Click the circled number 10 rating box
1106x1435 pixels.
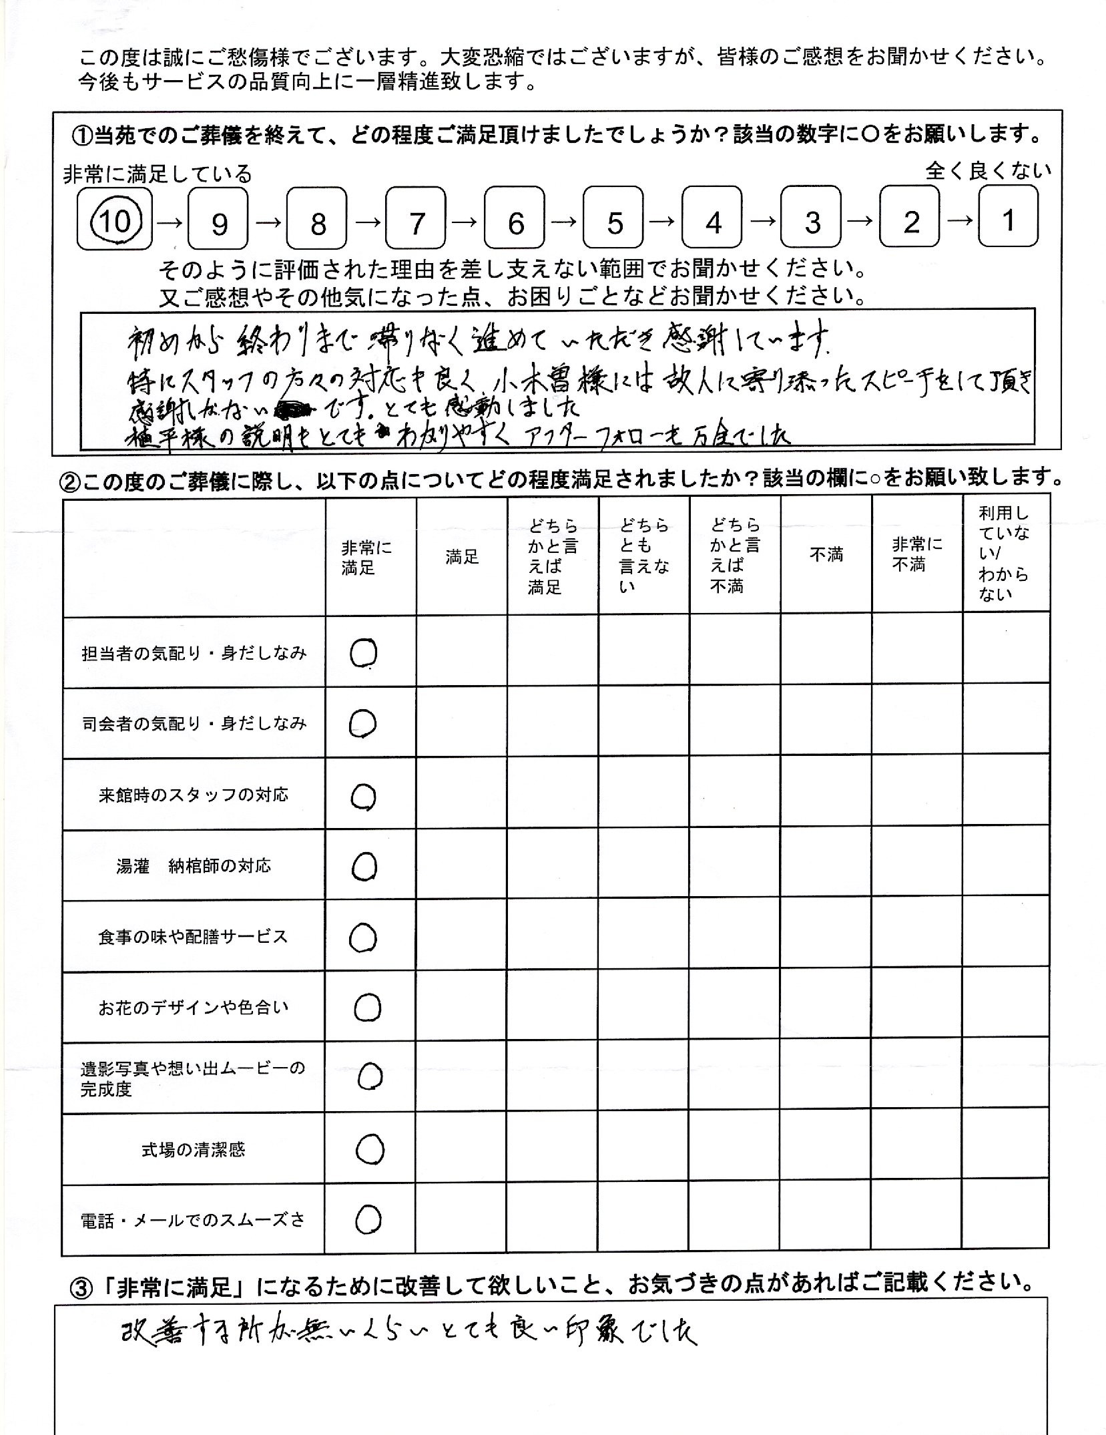click(115, 220)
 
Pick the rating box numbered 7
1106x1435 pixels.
click(416, 220)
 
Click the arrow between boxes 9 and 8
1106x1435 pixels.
click(268, 221)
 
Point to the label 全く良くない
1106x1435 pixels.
click(987, 171)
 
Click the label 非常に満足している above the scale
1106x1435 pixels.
click(158, 174)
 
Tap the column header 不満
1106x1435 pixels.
click(826, 554)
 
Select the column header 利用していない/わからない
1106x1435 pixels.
click(1003, 554)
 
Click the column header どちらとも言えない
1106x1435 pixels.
click(643, 556)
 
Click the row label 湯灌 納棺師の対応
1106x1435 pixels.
click(194, 867)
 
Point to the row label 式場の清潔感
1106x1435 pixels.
click(194, 1150)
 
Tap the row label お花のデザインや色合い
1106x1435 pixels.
click(194, 1008)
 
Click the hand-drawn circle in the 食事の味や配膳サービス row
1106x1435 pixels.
click(363, 938)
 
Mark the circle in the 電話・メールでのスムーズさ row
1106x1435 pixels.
click(368, 1219)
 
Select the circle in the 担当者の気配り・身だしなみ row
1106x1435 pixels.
click(363, 653)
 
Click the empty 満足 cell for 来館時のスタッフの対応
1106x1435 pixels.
click(461, 795)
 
